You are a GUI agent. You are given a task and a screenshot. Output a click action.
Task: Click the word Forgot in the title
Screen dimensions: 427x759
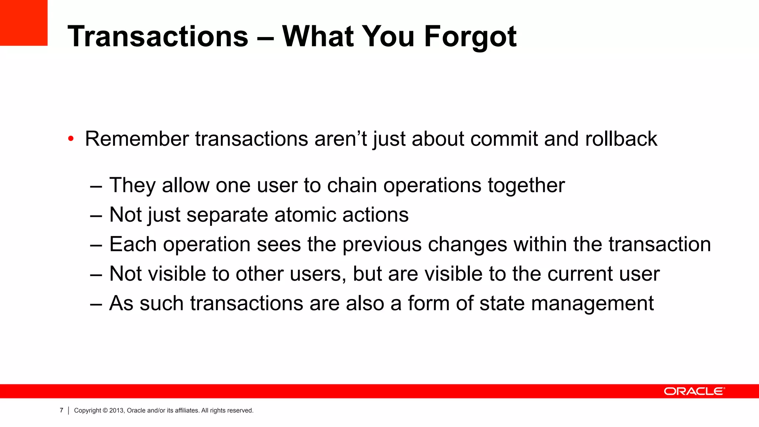point(470,37)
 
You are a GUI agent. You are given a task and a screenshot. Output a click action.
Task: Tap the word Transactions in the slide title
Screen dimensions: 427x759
point(158,37)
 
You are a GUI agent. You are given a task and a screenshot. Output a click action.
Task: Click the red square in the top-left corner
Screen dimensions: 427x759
point(24,23)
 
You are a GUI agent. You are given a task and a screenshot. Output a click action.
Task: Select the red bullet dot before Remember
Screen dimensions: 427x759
point(71,139)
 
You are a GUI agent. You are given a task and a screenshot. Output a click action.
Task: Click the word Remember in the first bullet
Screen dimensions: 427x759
point(137,139)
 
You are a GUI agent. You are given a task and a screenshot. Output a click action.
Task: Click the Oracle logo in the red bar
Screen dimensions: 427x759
point(694,391)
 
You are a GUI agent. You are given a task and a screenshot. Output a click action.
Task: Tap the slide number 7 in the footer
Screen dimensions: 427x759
point(62,410)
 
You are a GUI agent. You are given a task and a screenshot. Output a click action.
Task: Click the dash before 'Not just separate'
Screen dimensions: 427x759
point(96,215)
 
